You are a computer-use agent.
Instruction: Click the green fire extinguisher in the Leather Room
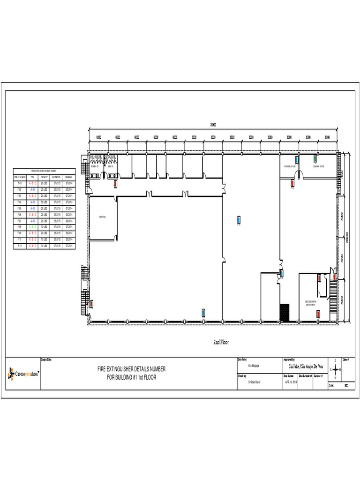tap(315, 159)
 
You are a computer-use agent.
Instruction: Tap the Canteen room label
tap(102, 217)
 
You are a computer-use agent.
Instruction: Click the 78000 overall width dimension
tap(213, 125)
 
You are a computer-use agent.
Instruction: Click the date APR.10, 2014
tap(291, 382)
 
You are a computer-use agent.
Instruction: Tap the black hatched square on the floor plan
tap(284, 312)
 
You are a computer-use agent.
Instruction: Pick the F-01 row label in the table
tap(19, 183)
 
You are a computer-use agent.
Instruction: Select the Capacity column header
tap(45, 177)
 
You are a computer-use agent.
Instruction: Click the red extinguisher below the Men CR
tap(115, 184)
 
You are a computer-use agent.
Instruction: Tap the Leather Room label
tap(319, 166)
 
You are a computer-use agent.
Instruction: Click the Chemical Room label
tap(289, 166)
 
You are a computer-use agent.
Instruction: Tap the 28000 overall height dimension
tap(348, 237)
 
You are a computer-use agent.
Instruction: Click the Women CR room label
tap(95, 166)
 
